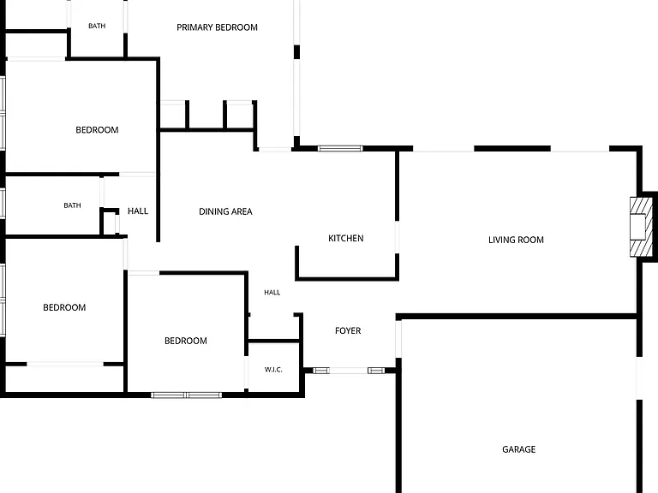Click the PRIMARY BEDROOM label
point(217,27)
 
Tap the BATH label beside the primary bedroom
point(97,26)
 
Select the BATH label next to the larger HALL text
point(72,205)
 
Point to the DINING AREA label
point(225,211)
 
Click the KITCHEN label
point(346,239)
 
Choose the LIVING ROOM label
point(516,241)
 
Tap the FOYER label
point(348,330)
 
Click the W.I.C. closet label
point(273,370)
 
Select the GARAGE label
point(518,449)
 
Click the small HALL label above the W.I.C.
point(272,293)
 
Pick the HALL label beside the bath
point(138,211)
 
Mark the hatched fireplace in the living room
point(641,227)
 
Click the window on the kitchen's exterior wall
point(340,148)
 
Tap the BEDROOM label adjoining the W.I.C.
point(185,341)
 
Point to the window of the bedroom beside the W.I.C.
point(186,395)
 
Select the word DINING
point(212,211)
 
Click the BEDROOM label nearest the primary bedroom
point(97,130)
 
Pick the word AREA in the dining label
point(241,211)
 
